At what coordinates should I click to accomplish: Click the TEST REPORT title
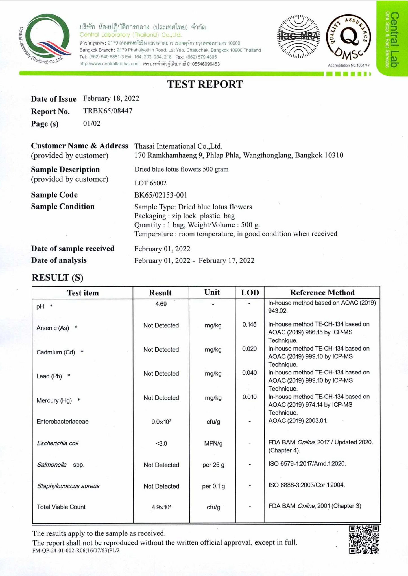(205, 84)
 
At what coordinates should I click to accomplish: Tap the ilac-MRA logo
(299, 36)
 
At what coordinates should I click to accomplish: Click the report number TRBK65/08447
(108, 111)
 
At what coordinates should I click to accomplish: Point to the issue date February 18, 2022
(111, 98)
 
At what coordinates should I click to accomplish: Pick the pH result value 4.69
(161, 304)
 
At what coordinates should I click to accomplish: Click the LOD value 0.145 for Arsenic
(249, 325)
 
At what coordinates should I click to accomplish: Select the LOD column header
(250, 293)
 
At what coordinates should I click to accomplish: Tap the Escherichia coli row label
(58, 443)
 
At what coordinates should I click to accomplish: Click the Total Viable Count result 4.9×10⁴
(161, 507)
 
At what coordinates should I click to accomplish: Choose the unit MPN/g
(213, 443)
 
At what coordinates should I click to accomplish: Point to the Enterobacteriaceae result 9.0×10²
(161, 422)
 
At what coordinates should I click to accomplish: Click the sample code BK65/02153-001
(160, 195)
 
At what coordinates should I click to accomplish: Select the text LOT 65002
(150, 183)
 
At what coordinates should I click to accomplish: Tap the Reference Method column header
(322, 293)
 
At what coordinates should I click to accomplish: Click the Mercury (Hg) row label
(54, 400)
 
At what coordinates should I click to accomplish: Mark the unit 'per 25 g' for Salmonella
(213, 465)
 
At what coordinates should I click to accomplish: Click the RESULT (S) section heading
(58, 278)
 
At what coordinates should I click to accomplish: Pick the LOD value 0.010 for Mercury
(249, 397)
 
